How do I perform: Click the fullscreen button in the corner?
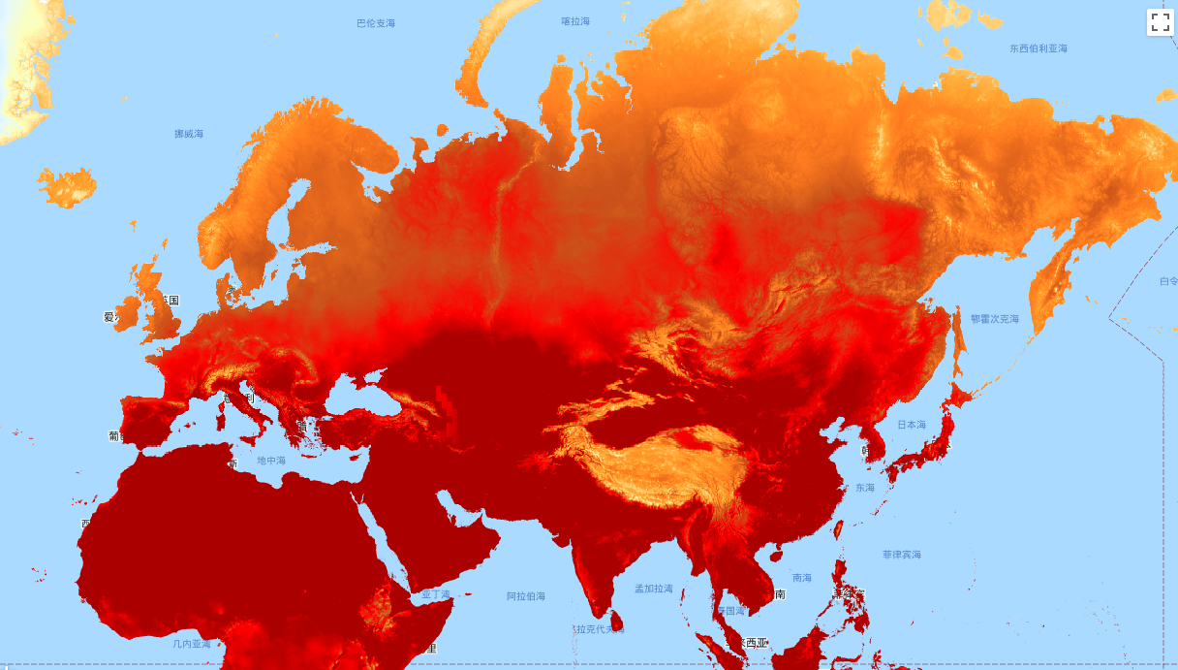pos(1161,22)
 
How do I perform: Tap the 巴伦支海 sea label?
pos(376,23)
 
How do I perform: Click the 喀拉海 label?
pos(575,21)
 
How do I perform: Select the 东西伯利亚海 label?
pos(1038,48)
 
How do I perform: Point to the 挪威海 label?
pos(189,134)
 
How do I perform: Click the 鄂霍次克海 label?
pos(995,319)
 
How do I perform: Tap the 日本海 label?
pos(911,425)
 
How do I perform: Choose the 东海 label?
pos(864,488)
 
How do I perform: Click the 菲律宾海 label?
pos(902,555)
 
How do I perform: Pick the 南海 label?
pos(802,578)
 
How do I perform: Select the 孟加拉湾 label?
pos(654,589)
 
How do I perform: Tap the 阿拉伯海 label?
pos(526,596)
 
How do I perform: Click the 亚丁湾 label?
pos(436,593)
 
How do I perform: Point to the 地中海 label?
pos(271,461)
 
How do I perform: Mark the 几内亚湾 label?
pos(192,643)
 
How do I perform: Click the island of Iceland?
pos(68,187)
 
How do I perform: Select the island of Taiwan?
pos(839,529)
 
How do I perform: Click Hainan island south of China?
pos(775,556)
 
